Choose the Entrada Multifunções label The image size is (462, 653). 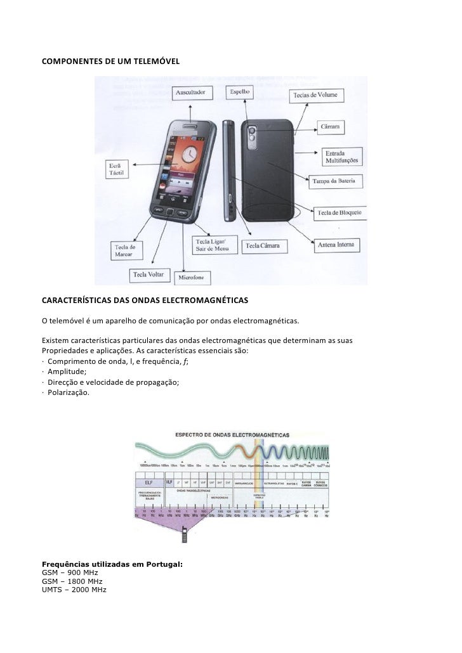point(341,157)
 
